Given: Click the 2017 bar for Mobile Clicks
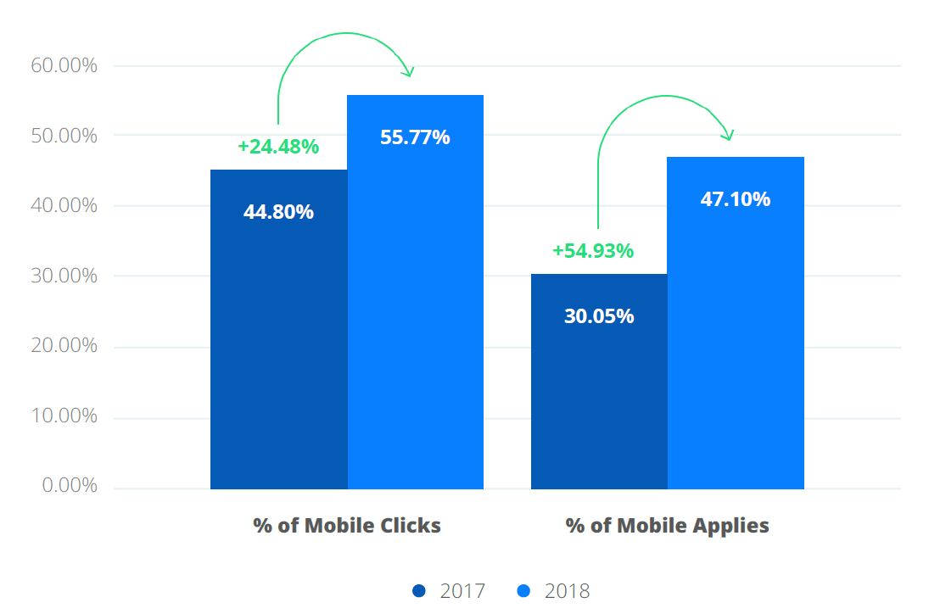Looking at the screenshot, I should [x=278, y=339].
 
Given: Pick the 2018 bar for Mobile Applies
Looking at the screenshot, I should [x=736, y=339].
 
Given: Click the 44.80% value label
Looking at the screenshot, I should [x=278, y=212].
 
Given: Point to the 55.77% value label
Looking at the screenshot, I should [x=415, y=137].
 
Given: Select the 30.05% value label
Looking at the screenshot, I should [x=599, y=316].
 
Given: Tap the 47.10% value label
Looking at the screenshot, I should [x=736, y=199].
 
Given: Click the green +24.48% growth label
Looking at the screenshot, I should [x=278, y=147].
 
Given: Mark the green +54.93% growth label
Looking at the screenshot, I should [x=593, y=251].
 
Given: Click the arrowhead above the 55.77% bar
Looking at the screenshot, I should [x=409, y=72].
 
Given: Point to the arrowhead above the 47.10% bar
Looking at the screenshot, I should [x=728, y=136].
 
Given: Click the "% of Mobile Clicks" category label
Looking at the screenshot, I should [x=347, y=525].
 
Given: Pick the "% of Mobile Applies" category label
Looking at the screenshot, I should [x=667, y=525].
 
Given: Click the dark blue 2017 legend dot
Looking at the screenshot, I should [x=418, y=590].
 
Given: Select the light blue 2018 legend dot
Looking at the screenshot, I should [x=523, y=590].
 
